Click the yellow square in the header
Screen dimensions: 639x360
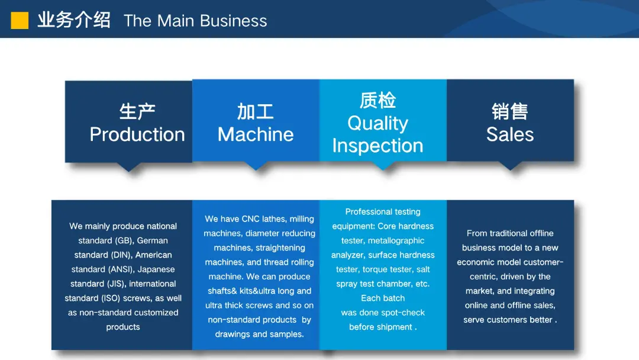(20, 20)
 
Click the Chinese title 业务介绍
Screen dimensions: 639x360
(74, 20)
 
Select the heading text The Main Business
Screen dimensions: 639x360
(195, 21)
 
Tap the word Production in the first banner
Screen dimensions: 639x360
(137, 134)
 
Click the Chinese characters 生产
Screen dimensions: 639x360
(137, 112)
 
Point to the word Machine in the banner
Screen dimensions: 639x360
(256, 134)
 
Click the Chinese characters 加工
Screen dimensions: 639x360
(256, 112)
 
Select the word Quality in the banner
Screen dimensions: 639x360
(377, 123)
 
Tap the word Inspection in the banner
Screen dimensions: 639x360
(377, 146)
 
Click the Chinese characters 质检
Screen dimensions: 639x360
(377, 100)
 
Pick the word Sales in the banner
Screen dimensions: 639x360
(510, 134)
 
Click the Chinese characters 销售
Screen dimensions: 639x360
(510, 112)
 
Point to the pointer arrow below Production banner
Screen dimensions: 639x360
(129, 167)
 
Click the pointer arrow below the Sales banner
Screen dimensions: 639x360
(510, 165)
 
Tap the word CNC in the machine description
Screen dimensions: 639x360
(251, 219)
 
